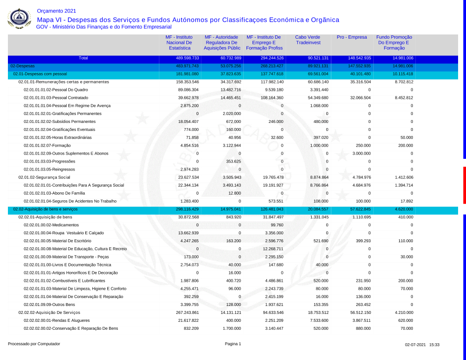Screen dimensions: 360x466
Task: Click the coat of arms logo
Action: click(x=19, y=19)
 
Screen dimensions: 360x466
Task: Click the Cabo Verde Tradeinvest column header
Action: click(x=308, y=40)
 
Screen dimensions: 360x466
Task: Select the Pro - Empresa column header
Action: click(x=351, y=37)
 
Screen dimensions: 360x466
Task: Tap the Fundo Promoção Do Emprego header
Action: click(x=394, y=42)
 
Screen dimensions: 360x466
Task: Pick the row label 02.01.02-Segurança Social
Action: click(x=44, y=177)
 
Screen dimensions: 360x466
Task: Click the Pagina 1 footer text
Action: click(x=233, y=344)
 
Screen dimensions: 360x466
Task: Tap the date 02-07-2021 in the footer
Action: click(x=415, y=345)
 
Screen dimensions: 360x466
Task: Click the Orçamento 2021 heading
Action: click(x=56, y=11)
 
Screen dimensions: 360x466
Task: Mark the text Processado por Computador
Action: click(x=34, y=344)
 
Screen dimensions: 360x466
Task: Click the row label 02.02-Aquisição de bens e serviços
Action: click(x=46, y=210)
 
